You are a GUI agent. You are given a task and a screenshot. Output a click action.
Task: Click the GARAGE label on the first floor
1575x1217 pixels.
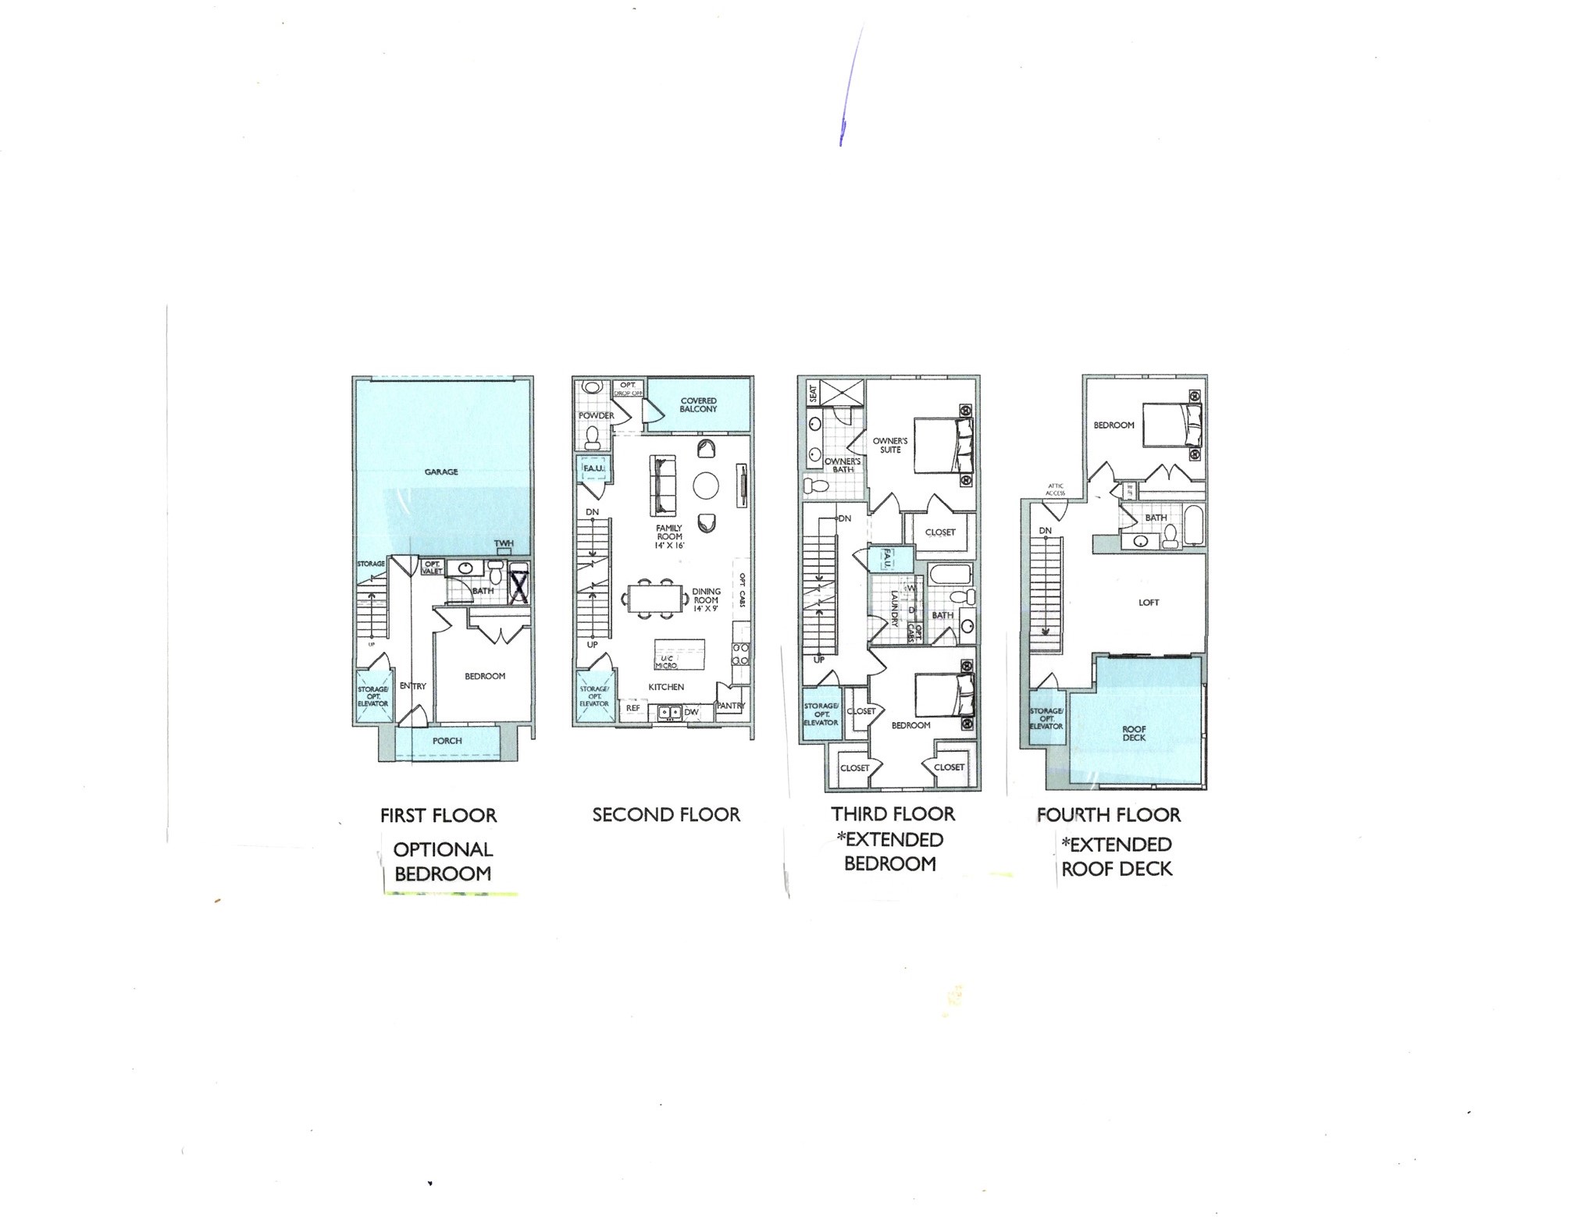click(441, 472)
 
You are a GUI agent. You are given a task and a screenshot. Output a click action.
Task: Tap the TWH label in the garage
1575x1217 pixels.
click(504, 544)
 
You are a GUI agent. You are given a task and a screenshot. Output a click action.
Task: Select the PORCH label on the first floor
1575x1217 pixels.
click(447, 741)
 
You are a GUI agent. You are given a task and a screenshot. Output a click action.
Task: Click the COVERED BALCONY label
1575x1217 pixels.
click(698, 405)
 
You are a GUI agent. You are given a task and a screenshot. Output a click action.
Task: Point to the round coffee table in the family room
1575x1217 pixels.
click(706, 486)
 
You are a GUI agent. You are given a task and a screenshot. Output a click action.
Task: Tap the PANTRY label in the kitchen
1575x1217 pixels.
click(732, 706)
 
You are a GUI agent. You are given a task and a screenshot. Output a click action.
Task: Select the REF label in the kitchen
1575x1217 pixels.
click(633, 709)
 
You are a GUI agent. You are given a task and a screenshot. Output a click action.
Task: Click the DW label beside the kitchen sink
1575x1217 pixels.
click(691, 712)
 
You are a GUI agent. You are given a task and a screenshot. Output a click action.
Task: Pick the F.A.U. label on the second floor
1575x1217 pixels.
click(593, 468)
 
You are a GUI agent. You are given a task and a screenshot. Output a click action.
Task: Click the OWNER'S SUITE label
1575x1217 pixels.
click(890, 445)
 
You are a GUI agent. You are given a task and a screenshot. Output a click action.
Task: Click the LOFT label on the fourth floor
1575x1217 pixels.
click(1149, 603)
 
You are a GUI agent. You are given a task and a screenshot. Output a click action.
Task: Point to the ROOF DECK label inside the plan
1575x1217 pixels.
click(1134, 734)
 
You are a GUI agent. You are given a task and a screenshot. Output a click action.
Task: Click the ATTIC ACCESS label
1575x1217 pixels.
click(1055, 489)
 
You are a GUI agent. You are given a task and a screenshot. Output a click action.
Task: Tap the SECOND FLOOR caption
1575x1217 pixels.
click(666, 815)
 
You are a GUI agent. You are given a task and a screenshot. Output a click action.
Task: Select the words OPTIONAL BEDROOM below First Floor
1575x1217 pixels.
click(443, 862)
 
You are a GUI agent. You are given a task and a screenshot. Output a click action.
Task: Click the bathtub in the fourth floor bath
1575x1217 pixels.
click(1193, 525)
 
